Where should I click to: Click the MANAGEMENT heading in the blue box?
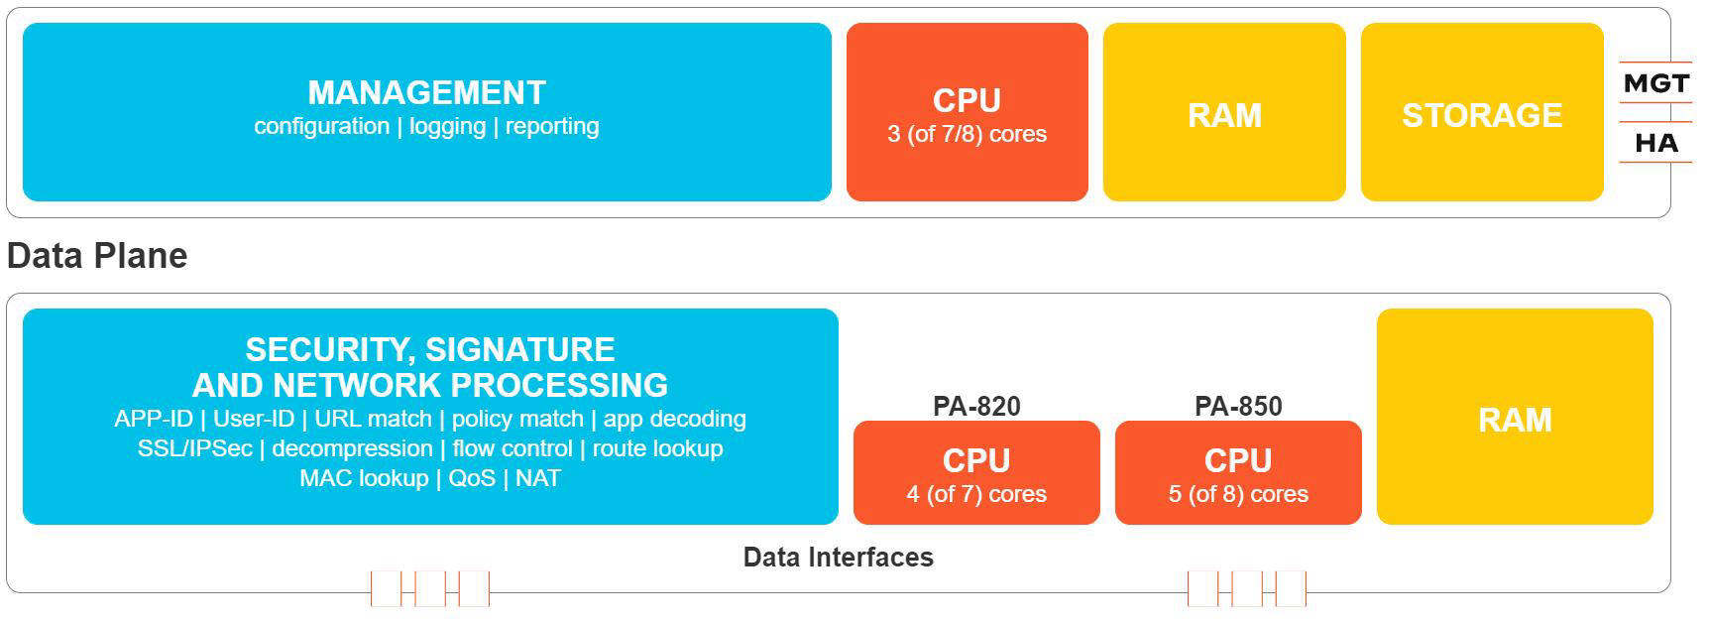click(x=426, y=92)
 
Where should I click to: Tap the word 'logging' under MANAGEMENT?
click(x=447, y=127)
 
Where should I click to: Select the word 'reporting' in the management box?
click(x=552, y=127)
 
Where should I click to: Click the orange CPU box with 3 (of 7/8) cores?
click(x=967, y=112)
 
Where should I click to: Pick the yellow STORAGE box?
click(x=1482, y=112)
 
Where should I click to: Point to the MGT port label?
click(x=1655, y=84)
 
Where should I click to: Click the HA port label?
click(x=1656, y=144)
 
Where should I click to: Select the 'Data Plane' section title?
click(x=97, y=256)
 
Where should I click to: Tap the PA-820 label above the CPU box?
click(x=976, y=406)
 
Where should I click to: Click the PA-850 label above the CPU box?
click(x=1238, y=406)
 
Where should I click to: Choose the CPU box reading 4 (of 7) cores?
click(x=976, y=472)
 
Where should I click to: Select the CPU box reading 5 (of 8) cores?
click(x=1238, y=472)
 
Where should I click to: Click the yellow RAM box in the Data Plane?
click(x=1515, y=417)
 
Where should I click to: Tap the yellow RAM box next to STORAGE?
click(x=1224, y=112)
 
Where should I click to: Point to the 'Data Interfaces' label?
click(x=839, y=558)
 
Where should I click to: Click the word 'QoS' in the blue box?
click(x=472, y=478)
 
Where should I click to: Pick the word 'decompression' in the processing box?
click(x=352, y=448)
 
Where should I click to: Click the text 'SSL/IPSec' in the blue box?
click(x=195, y=448)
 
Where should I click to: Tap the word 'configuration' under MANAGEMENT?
click(x=321, y=127)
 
